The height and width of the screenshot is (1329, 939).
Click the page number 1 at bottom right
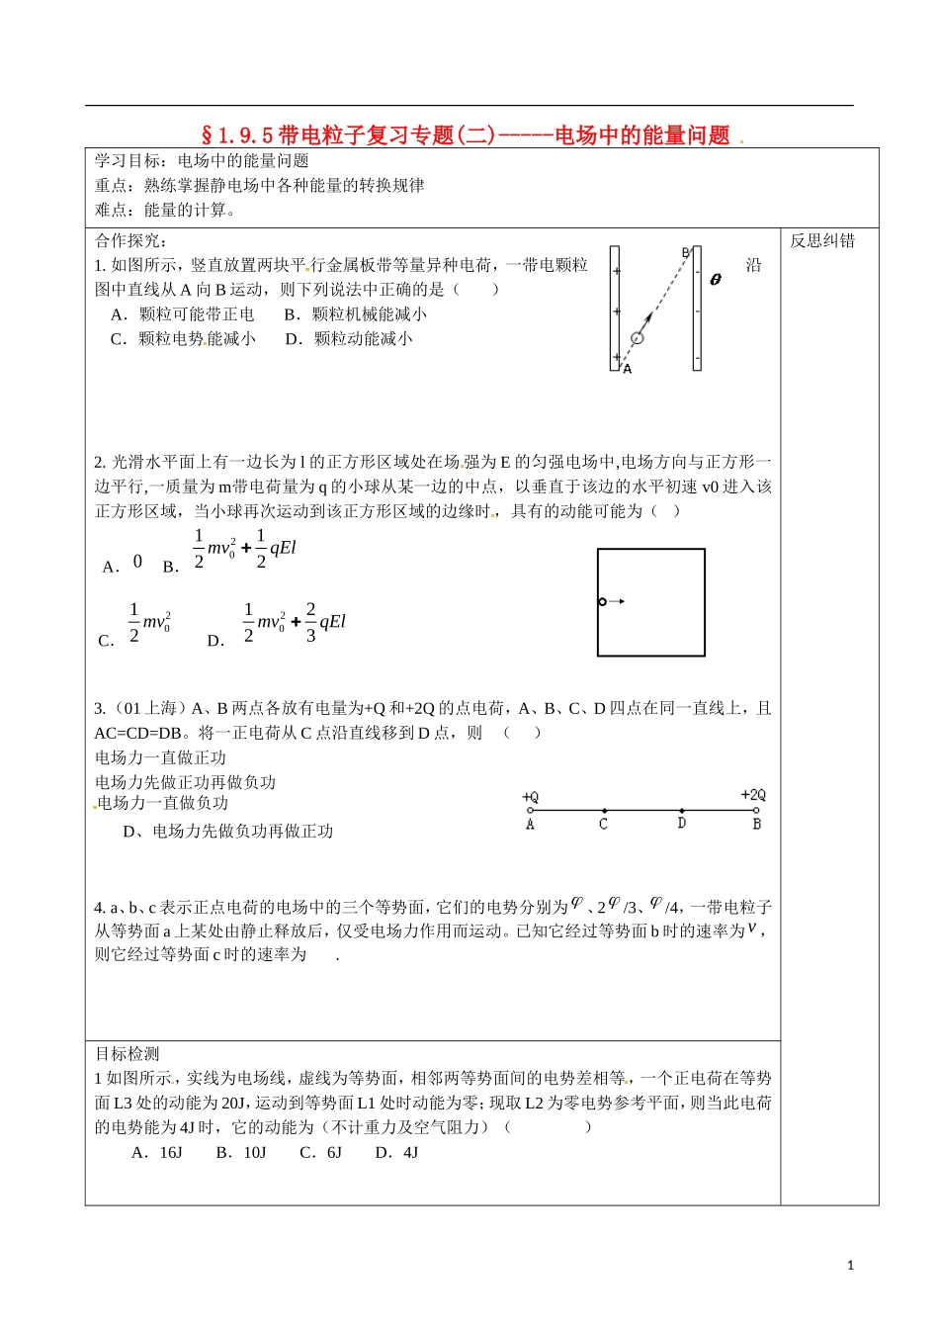850,1265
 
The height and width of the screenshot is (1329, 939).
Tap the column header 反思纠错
821,241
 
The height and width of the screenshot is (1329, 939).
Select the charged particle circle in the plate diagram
638,338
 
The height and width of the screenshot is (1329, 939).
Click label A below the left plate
628,369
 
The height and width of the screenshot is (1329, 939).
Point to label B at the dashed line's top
684,253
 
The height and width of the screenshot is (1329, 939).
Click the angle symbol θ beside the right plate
716,280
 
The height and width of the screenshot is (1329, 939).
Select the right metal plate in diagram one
697,309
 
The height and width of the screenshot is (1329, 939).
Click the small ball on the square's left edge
602,601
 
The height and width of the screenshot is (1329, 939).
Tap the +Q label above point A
531,797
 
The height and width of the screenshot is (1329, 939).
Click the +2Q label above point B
753,795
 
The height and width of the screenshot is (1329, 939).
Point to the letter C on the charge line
604,824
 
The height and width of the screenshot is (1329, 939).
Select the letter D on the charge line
682,823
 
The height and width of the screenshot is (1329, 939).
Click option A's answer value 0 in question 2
137,562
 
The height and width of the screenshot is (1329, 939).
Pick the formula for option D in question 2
294,622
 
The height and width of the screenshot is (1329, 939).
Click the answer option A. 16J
157,1153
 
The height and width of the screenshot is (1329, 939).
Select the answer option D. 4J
396,1153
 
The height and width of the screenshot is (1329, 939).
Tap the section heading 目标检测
128,1054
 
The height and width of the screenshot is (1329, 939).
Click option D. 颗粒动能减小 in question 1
349,339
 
